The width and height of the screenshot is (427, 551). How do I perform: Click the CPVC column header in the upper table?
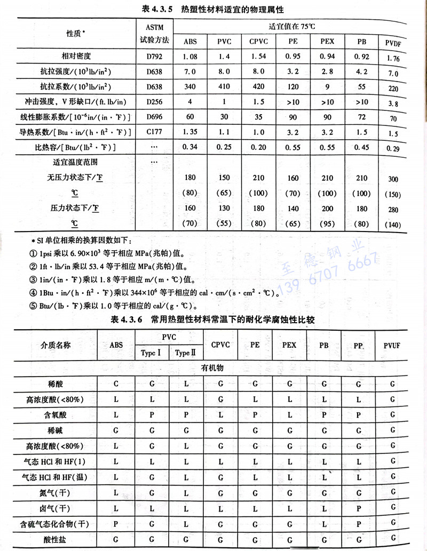click(x=258, y=42)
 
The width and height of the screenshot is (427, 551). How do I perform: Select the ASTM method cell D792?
click(x=150, y=55)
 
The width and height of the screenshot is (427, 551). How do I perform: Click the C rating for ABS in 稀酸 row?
click(x=116, y=383)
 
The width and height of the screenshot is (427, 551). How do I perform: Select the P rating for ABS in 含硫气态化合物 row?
click(x=116, y=524)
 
